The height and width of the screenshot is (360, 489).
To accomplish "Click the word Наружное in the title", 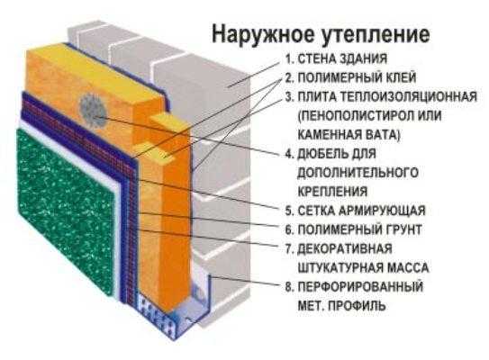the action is pos(264,33).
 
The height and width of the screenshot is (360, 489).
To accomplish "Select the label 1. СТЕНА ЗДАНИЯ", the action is pos(336,58).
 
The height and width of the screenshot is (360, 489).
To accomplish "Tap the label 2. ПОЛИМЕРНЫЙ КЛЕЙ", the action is pos(350,77).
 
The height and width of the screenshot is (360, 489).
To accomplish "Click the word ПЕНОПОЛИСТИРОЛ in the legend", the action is pos(355,116).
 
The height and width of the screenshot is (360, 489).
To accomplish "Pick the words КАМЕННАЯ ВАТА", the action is pos(349,135).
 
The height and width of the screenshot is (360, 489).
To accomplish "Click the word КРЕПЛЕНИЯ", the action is pos(332,192).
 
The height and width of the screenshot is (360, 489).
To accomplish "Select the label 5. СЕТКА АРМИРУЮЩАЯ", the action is pos(355,211).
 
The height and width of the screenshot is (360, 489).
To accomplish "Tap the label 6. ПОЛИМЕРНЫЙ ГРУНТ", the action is pos(353,229).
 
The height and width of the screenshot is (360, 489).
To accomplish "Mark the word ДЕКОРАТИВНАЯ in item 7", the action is pos(345,248).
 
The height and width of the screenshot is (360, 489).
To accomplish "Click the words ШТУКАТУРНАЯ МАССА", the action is pos(363,267).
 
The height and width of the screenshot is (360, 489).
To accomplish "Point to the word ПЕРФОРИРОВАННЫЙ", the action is pos(360,287).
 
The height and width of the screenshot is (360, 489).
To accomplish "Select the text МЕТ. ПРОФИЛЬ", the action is pos(342,306).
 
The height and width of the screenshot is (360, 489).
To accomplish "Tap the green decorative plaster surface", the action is pos(66,211).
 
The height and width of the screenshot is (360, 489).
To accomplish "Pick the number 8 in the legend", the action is pos(289,287).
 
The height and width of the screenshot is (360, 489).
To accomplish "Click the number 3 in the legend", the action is pos(289,96).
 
